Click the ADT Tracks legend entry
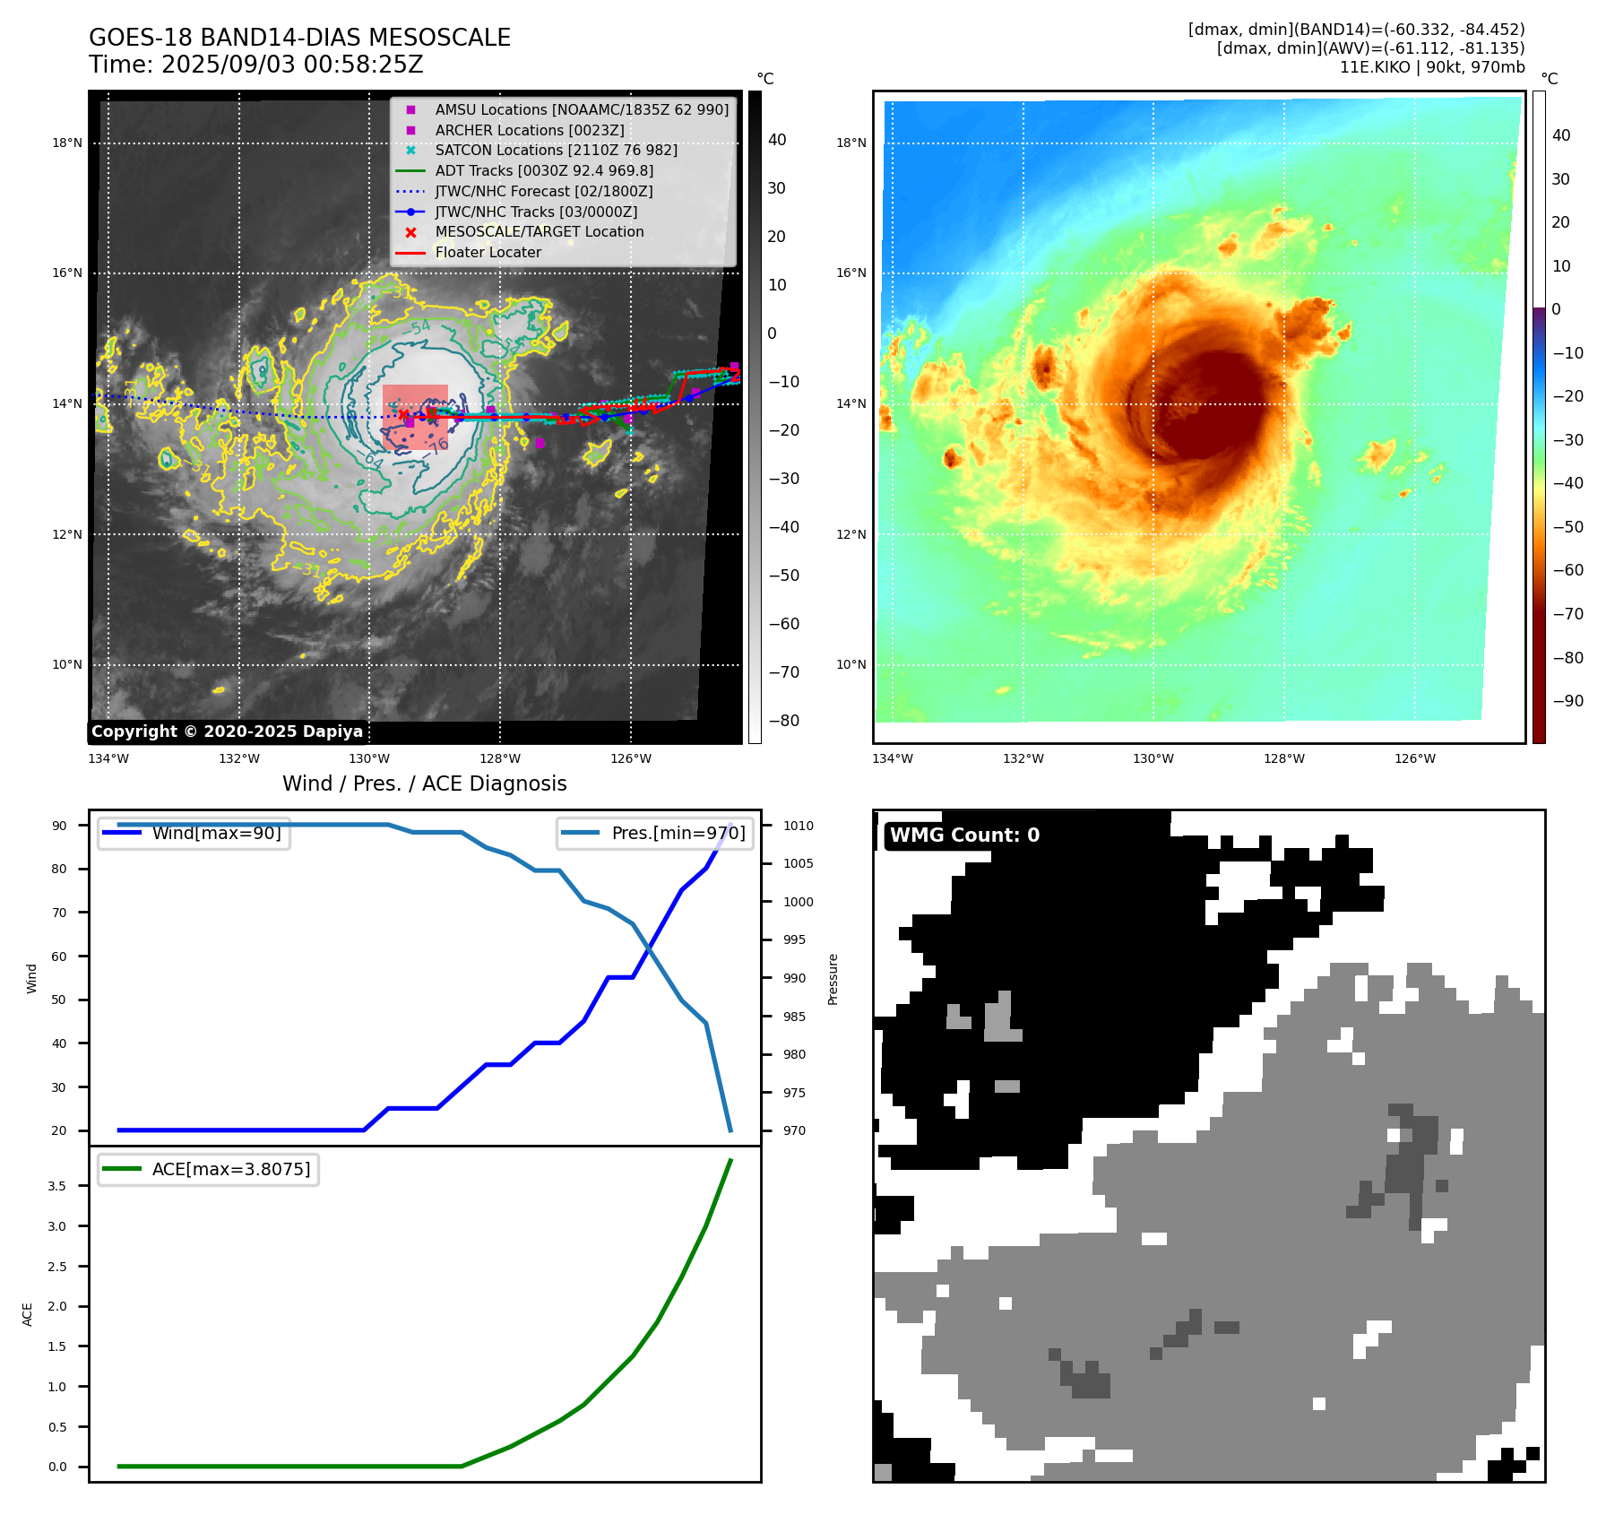(544, 170)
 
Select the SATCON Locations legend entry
(556, 150)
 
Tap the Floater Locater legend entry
(488, 252)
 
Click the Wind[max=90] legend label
(216, 833)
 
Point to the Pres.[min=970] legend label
(678, 833)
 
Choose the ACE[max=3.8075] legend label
(231, 1169)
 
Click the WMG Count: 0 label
(964, 835)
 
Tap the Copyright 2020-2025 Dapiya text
(227, 732)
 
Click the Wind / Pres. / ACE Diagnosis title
(424, 783)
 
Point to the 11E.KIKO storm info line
(1431, 67)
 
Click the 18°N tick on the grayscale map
(67, 143)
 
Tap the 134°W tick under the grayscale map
(108, 758)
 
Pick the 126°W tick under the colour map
(1414, 758)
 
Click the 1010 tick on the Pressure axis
(798, 826)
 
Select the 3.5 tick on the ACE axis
(57, 1186)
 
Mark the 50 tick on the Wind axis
(59, 1000)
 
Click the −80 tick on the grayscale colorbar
(783, 721)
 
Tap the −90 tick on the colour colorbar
(1567, 701)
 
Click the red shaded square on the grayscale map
(415, 417)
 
